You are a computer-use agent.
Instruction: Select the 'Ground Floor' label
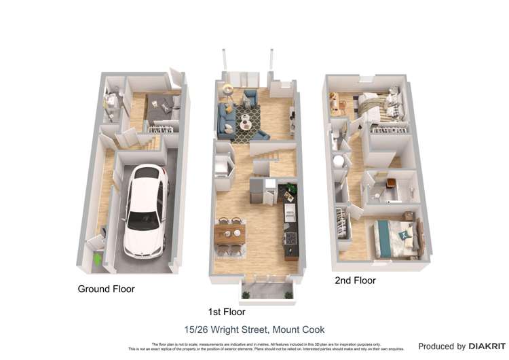point(106,289)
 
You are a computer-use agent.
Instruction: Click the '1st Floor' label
point(227,312)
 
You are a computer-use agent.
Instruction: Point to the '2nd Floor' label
point(354,280)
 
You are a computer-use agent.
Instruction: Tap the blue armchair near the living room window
point(250,99)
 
